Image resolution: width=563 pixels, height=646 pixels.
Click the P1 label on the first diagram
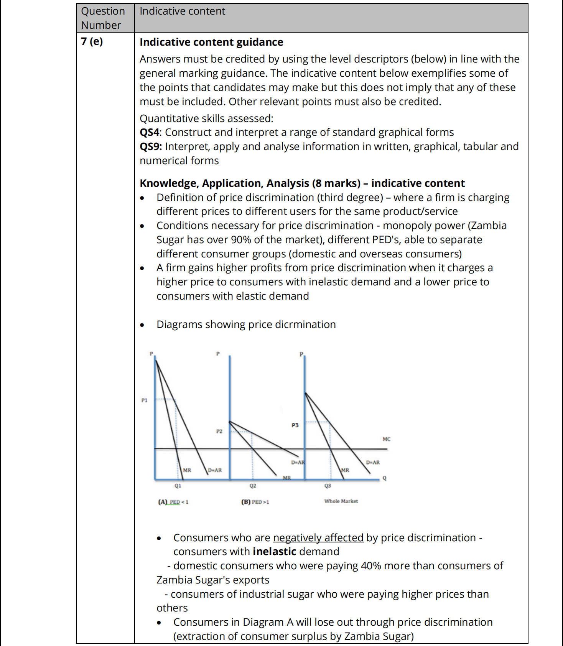[x=144, y=400]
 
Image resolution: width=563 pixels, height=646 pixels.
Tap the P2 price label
[x=219, y=431]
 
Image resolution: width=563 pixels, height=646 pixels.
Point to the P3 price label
[x=295, y=425]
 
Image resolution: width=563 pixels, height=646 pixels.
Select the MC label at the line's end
[x=386, y=439]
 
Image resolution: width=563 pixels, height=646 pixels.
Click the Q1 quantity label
[x=178, y=486]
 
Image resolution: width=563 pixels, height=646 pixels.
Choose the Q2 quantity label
[x=252, y=486]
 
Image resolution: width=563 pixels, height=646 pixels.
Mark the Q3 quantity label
[x=328, y=486]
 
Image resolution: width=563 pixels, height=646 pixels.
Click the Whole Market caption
[x=341, y=501]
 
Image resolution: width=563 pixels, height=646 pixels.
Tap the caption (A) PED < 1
[x=173, y=502]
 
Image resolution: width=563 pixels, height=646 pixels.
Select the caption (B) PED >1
[x=255, y=502]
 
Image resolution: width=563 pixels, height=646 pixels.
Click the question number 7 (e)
[x=92, y=41]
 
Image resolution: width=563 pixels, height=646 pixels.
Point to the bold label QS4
[x=150, y=132]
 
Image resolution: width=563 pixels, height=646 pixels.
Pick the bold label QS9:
[x=151, y=147]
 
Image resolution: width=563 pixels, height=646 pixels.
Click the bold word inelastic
[x=274, y=552]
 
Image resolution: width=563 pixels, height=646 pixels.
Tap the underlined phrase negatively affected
[x=318, y=538]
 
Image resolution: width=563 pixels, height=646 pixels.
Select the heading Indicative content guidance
[x=211, y=42]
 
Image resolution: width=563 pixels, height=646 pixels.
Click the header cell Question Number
[x=103, y=18]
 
